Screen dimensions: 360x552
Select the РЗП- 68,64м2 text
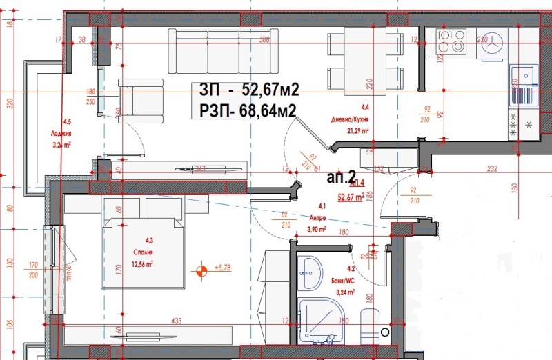coord(248,110)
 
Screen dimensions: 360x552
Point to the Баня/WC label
coord(344,281)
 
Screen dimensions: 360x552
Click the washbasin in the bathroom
coord(310,273)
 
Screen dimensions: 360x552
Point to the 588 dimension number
coord(263,41)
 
